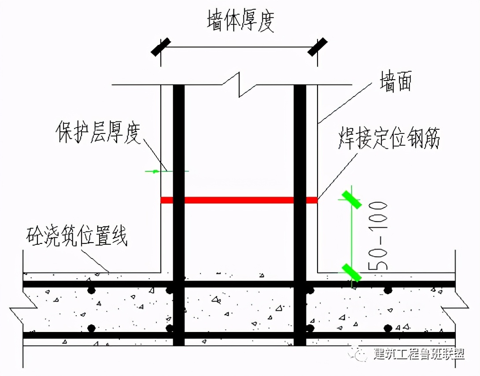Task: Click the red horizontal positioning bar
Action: pos(239,200)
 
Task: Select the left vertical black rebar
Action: pos(178,176)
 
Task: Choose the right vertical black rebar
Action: pos(300,176)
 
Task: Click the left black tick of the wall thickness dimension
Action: pos(161,46)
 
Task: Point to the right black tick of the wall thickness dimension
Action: pos(318,46)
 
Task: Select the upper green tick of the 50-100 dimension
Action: pos(353,199)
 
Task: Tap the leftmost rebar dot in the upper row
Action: pos(91,290)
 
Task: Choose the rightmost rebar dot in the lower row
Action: pos(388,328)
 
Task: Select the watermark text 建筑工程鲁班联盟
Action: pos(418,354)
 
